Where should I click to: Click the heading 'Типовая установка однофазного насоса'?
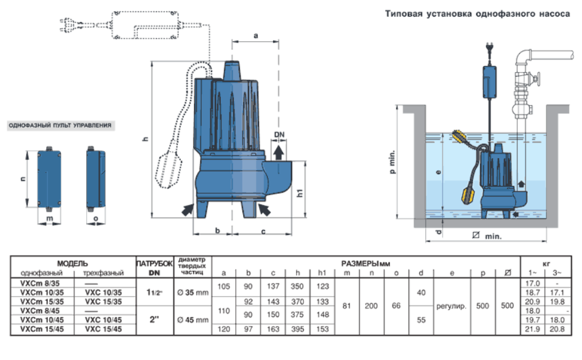[477, 14]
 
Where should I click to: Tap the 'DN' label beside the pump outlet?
[279, 135]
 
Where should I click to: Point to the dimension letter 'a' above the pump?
[255, 36]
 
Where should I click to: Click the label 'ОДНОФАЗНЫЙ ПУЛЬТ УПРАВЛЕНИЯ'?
[60, 126]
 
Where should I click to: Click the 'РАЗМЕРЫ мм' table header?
[366, 262]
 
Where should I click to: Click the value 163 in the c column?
[271, 330]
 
